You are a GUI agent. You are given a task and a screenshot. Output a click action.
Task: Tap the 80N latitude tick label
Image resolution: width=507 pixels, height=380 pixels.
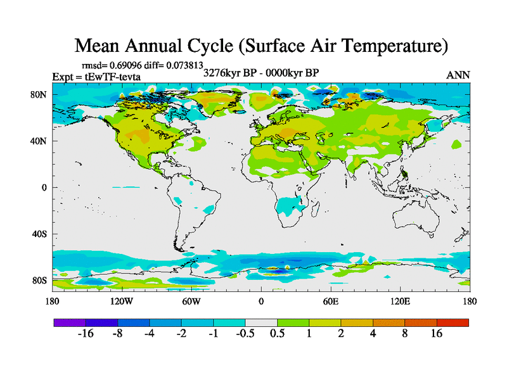tap(40, 94)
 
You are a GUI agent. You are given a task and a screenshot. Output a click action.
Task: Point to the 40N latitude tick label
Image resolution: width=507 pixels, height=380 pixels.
tap(40, 141)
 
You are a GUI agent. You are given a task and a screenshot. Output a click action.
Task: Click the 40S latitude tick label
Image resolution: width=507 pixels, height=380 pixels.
tap(40, 234)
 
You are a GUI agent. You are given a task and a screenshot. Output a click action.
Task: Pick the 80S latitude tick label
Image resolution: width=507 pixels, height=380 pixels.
tap(40, 281)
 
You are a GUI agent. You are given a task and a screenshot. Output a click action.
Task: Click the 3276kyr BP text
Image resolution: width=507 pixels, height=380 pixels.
tap(229, 72)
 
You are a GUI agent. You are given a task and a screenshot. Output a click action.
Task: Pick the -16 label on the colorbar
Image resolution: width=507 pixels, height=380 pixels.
tap(86, 334)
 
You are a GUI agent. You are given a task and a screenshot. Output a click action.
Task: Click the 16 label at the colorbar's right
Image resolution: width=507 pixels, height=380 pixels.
tap(437, 334)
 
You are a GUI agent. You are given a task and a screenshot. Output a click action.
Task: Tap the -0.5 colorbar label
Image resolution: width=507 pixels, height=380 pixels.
tap(245, 334)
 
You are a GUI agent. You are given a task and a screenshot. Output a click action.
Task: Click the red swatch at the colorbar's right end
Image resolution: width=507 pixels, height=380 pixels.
tap(452, 322)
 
